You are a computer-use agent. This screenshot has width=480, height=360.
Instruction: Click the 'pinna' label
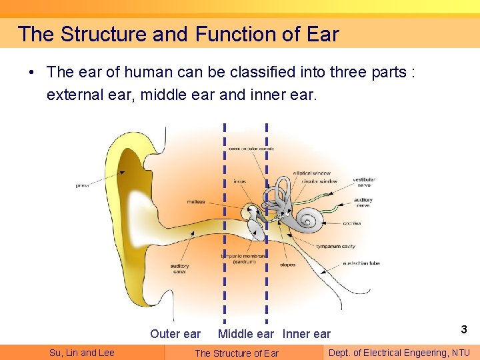click(x=82, y=185)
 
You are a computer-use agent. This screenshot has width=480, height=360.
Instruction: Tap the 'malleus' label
click(x=196, y=201)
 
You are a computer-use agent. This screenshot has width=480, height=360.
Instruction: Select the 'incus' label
click(x=239, y=181)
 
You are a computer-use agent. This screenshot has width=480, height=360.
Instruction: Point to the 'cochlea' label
click(x=352, y=223)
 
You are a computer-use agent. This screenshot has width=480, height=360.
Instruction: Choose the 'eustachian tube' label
click(x=361, y=263)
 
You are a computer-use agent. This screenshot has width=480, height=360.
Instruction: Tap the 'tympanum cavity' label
click(x=336, y=247)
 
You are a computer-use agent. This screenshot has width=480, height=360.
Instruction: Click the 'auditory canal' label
click(x=179, y=269)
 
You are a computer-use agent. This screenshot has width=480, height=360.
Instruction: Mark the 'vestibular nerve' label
click(x=364, y=182)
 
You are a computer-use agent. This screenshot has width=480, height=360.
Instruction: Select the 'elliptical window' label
click(x=311, y=173)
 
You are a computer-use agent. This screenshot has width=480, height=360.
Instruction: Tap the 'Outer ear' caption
click(x=175, y=334)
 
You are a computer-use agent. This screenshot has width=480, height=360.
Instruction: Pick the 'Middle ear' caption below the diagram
click(x=245, y=334)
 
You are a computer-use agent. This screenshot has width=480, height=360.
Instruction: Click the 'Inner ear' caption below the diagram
click(x=307, y=334)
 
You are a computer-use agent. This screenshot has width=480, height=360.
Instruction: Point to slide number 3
click(x=463, y=329)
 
